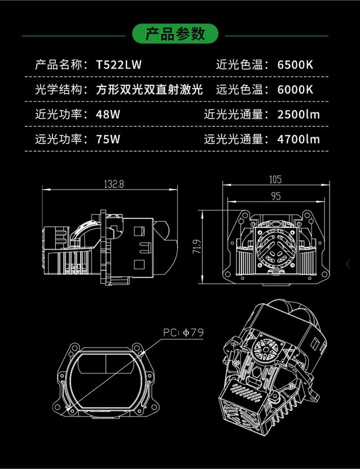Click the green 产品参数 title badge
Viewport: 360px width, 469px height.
[175, 34]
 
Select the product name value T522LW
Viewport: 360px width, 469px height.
[119, 64]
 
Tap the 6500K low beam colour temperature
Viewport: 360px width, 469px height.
[295, 64]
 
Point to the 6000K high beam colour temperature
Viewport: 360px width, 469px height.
[295, 89]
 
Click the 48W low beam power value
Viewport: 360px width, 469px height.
[108, 114]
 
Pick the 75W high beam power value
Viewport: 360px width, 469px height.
[108, 139]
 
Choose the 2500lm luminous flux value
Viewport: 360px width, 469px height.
[298, 114]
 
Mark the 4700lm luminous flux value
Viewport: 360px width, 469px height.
[298, 139]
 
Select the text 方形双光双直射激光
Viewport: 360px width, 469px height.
[149, 89]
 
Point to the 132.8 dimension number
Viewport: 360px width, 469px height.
[113, 184]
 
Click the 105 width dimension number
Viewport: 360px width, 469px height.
[275, 180]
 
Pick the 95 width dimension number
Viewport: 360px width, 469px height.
[275, 197]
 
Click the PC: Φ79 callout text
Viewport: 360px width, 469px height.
[183, 332]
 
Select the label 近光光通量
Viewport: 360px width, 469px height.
[234, 114]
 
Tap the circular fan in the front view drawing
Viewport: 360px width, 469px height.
[275, 248]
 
